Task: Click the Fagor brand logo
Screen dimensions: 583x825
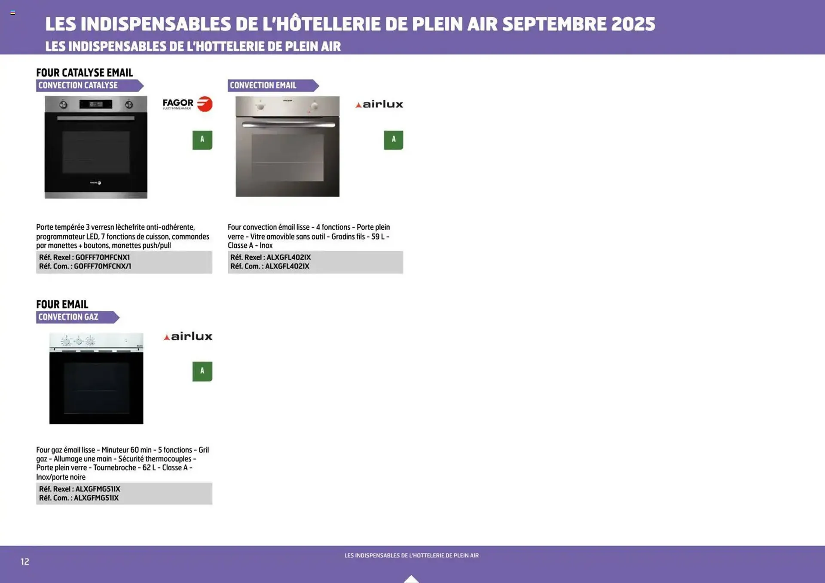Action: click(x=187, y=104)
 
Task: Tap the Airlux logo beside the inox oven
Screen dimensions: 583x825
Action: click(x=379, y=104)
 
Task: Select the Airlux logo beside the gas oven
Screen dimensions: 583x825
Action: click(x=188, y=337)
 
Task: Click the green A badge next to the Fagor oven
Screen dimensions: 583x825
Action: click(x=202, y=140)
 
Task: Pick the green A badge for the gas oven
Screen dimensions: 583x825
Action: click(x=202, y=371)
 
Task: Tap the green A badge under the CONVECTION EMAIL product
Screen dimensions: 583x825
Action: click(x=393, y=140)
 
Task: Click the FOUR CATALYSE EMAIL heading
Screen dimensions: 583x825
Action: click(x=85, y=73)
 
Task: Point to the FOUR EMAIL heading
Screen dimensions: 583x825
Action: click(x=62, y=304)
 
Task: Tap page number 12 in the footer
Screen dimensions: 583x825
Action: click(x=25, y=562)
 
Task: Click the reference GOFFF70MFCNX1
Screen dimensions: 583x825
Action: click(x=102, y=257)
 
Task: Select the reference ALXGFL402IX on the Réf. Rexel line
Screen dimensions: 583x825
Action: click(x=288, y=257)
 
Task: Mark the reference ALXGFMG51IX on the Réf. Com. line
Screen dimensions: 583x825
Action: click(x=96, y=498)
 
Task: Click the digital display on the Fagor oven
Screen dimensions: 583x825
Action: click(x=96, y=104)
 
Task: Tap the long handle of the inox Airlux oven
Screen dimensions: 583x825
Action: click(x=288, y=125)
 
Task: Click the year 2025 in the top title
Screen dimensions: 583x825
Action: click(x=633, y=24)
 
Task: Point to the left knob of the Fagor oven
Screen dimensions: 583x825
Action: click(x=63, y=104)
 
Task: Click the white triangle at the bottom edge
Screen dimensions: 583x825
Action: click(x=411, y=579)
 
